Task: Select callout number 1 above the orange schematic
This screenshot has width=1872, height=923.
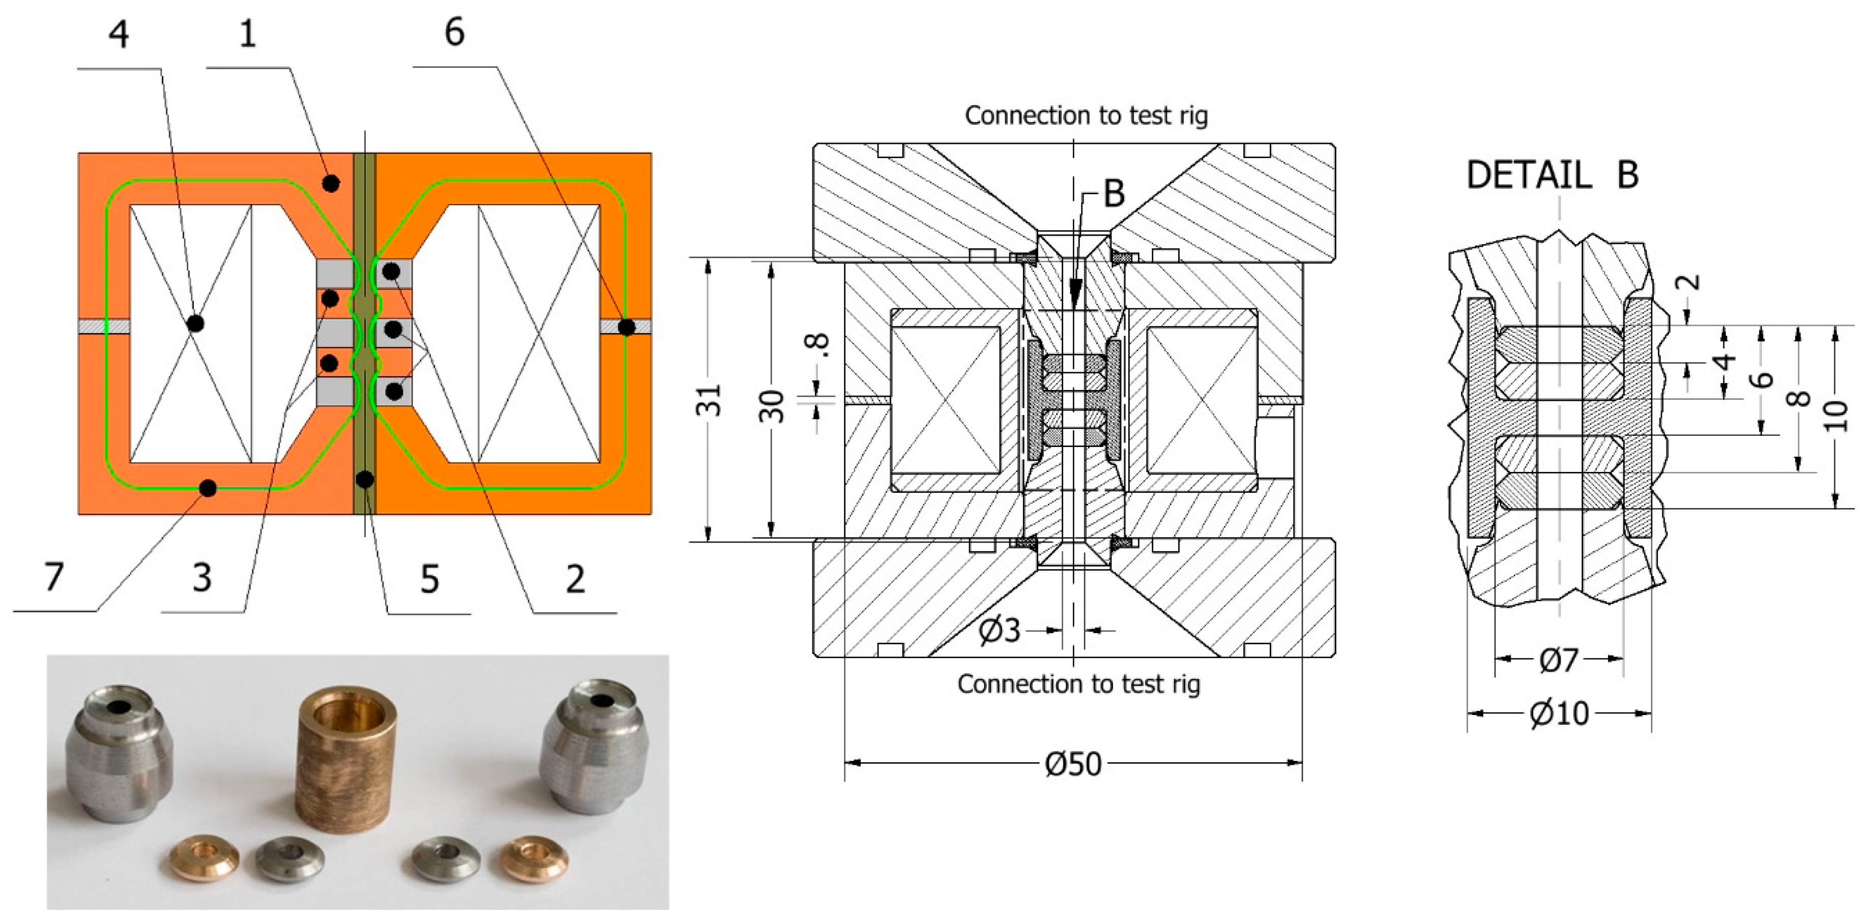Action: [x=248, y=34]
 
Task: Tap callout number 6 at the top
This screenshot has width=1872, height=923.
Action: [x=454, y=33]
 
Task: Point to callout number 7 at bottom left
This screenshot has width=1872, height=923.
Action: [x=54, y=577]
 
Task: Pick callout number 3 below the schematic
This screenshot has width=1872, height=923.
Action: [x=202, y=578]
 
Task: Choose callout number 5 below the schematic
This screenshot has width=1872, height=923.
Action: [x=429, y=579]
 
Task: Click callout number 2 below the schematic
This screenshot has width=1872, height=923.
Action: [x=575, y=579]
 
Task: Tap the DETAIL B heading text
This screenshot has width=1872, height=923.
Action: [x=1552, y=175]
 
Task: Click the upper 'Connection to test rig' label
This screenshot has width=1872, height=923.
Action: [x=1086, y=115]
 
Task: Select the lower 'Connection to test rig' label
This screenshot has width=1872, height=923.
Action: [x=1078, y=684]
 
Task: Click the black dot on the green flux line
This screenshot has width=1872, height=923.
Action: [x=208, y=488]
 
